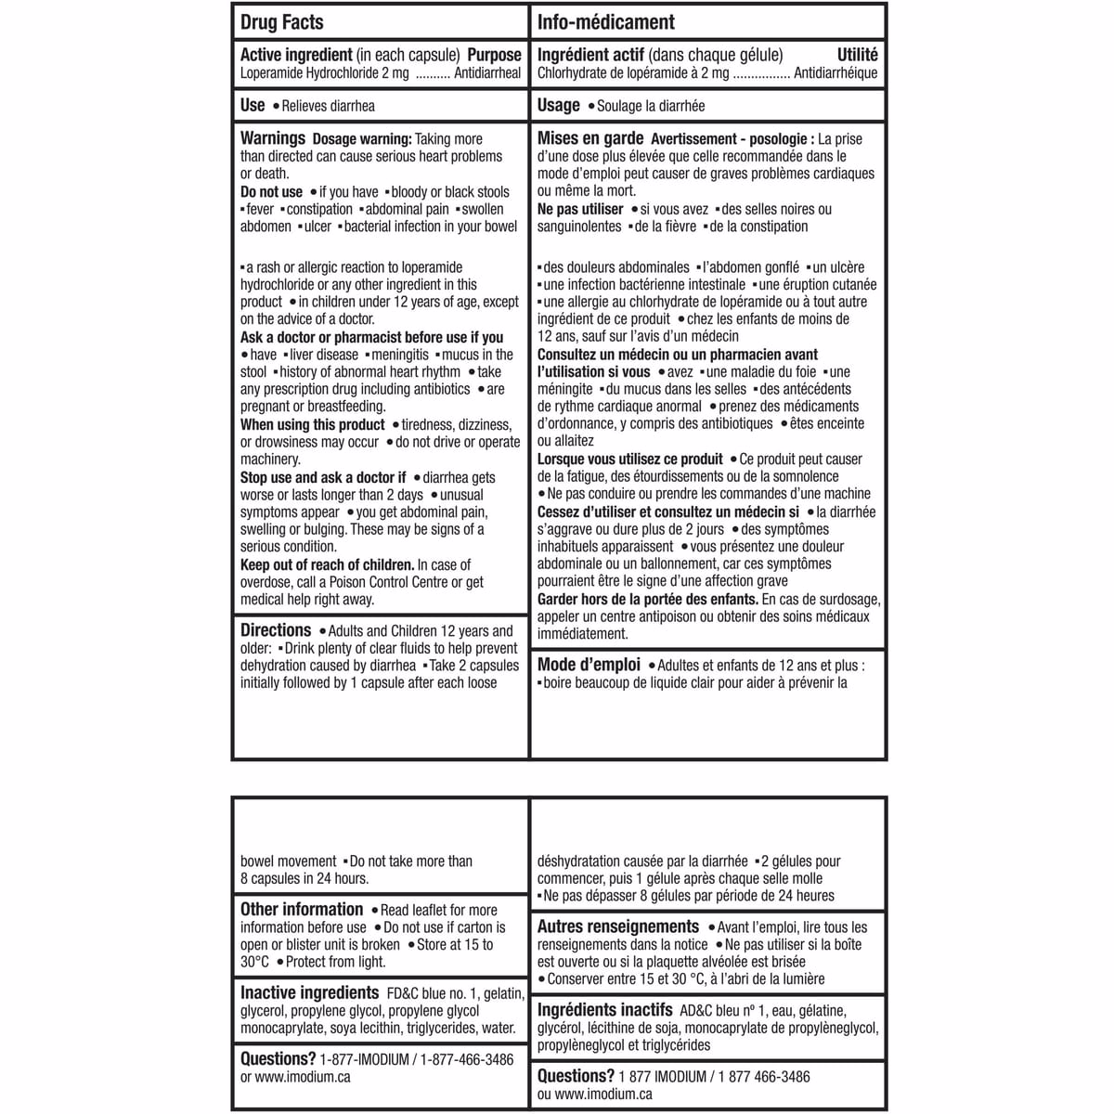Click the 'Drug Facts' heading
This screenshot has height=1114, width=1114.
(x=281, y=22)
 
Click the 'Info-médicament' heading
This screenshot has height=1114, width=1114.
(x=605, y=22)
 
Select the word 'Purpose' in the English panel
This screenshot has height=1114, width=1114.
(x=494, y=56)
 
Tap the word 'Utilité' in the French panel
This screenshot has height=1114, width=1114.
(x=857, y=56)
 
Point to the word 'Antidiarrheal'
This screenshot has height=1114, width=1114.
(x=487, y=73)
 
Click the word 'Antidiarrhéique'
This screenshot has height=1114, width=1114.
(x=835, y=73)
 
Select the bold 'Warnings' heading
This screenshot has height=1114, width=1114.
(x=273, y=138)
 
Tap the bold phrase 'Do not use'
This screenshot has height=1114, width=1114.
(x=271, y=192)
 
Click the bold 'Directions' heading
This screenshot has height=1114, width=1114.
(x=276, y=630)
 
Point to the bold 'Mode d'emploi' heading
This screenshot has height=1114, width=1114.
(x=589, y=665)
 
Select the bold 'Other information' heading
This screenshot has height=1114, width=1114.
(x=302, y=910)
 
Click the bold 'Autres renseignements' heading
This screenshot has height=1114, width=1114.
(x=618, y=927)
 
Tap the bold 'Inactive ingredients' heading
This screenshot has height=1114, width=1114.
(x=309, y=993)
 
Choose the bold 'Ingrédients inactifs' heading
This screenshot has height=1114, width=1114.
(x=604, y=1010)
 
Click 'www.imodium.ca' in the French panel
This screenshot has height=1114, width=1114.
(x=602, y=1095)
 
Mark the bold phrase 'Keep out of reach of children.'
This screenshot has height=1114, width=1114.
(x=327, y=565)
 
